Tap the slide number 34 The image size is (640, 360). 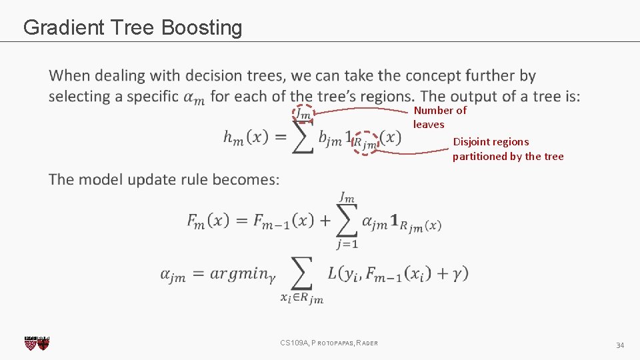click(x=619, y=345)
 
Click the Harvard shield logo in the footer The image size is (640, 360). click(x=37, y=343)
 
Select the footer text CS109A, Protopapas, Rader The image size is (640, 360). click(x=329, y=343)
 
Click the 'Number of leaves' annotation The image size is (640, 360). click(x=439, y=117)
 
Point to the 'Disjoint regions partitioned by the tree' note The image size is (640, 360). click(x=507, y=149)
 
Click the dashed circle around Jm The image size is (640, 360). click(x=303, y=115)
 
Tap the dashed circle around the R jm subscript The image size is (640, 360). click(x=365, y=142)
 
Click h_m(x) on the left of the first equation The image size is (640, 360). click(x=245, y=137)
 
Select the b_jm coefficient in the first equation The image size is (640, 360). click(x=330, y=139)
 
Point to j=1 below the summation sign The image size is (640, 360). click(x=347, y=244)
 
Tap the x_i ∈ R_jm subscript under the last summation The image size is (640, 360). click(x=301, y=299)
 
